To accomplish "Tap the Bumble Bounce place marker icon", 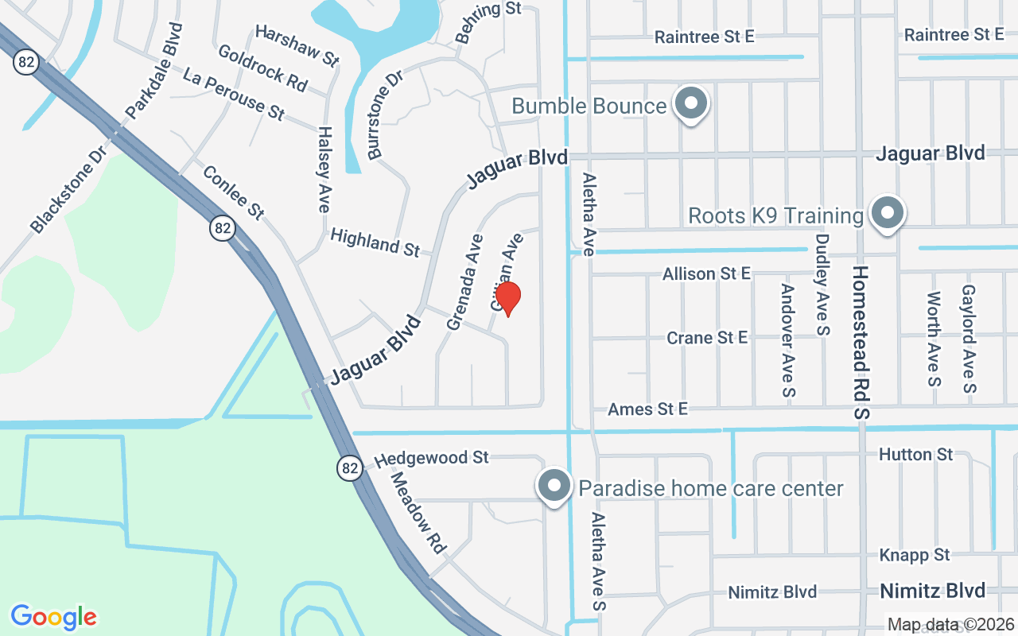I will [691, 104].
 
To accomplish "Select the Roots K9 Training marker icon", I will [887, 214].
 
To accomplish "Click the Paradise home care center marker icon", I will [554, 486].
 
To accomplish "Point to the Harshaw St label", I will [297, 45].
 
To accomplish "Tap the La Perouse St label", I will [233, 94].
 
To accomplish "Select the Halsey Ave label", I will [324, 169].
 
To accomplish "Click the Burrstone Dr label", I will [386, 113].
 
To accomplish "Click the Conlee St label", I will [232, 192].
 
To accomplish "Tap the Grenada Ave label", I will [464, 282].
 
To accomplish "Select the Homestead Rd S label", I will [862, 342].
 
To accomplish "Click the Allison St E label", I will [706, 273].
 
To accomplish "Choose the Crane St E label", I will [706, 338].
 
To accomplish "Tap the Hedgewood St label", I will [431, 458].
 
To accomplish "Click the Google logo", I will [53, 617].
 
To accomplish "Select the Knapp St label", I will [915, 555].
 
